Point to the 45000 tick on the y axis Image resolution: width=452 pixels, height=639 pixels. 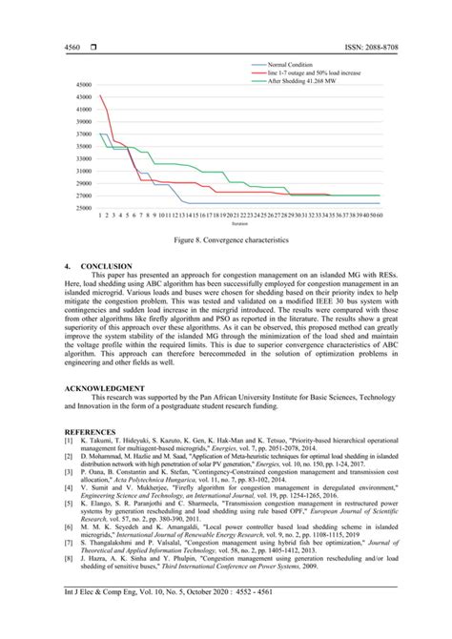83,84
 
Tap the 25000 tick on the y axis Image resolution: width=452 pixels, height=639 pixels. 83,208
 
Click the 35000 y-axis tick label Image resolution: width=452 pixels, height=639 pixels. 83,146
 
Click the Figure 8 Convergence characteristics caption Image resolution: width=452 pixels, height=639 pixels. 226,242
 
